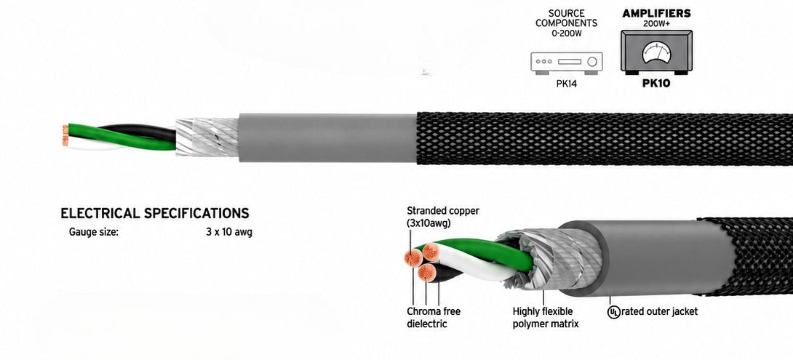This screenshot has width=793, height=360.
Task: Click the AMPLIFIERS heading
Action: [x=656, y=14]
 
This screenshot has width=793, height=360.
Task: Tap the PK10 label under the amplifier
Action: [x=656, y=84]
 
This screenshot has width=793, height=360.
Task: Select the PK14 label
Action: [x=566, y=84]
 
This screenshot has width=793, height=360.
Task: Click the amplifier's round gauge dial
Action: [x=656, y=52]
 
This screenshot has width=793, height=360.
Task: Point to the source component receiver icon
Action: [x=567, y=63]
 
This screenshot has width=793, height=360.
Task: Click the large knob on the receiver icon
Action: [x=593, y=62]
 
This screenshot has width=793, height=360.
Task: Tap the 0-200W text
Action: [x=566, y=33]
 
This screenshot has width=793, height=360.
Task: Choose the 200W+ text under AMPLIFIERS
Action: [x=656, y=23]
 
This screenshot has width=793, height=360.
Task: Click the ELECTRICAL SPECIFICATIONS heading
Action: [x=155, y=213]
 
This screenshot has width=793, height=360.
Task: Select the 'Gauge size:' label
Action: [x=94, y=233]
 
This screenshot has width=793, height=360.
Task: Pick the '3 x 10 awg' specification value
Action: [x=228, y=233]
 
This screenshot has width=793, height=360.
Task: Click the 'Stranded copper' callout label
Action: [x=443, y=211]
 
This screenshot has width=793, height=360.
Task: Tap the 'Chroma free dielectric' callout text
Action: [x=434, y=318]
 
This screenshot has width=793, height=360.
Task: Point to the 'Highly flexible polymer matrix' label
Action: [x=546, y=318]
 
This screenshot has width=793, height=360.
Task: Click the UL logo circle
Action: [x=613, y=312]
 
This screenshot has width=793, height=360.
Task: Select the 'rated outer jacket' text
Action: [x=659, y=311]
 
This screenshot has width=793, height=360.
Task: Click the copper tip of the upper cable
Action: [x=65, y=135]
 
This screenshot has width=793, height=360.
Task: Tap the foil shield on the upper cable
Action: [x=207, y=137]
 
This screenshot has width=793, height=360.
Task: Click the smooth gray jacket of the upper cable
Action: [x=327, y=137]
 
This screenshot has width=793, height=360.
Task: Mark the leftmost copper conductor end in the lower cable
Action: [x=413, y=258]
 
